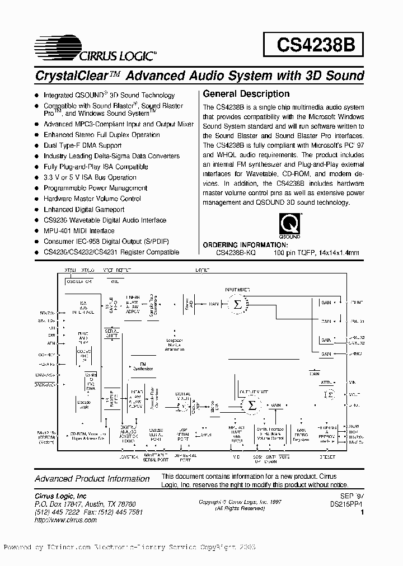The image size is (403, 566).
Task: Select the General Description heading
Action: coord(246,94)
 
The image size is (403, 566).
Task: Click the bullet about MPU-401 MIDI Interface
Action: coord(79,231)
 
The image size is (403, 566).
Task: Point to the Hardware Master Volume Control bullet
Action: coord(92,199)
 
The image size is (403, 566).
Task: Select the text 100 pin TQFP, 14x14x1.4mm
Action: coord(316,253)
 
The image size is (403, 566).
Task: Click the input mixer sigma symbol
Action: coord(237,304)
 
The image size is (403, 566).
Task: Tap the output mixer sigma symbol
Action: coord(252,405)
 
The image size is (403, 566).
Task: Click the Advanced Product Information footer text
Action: coord(92,479)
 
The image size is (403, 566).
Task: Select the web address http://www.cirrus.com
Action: coord(66,520)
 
